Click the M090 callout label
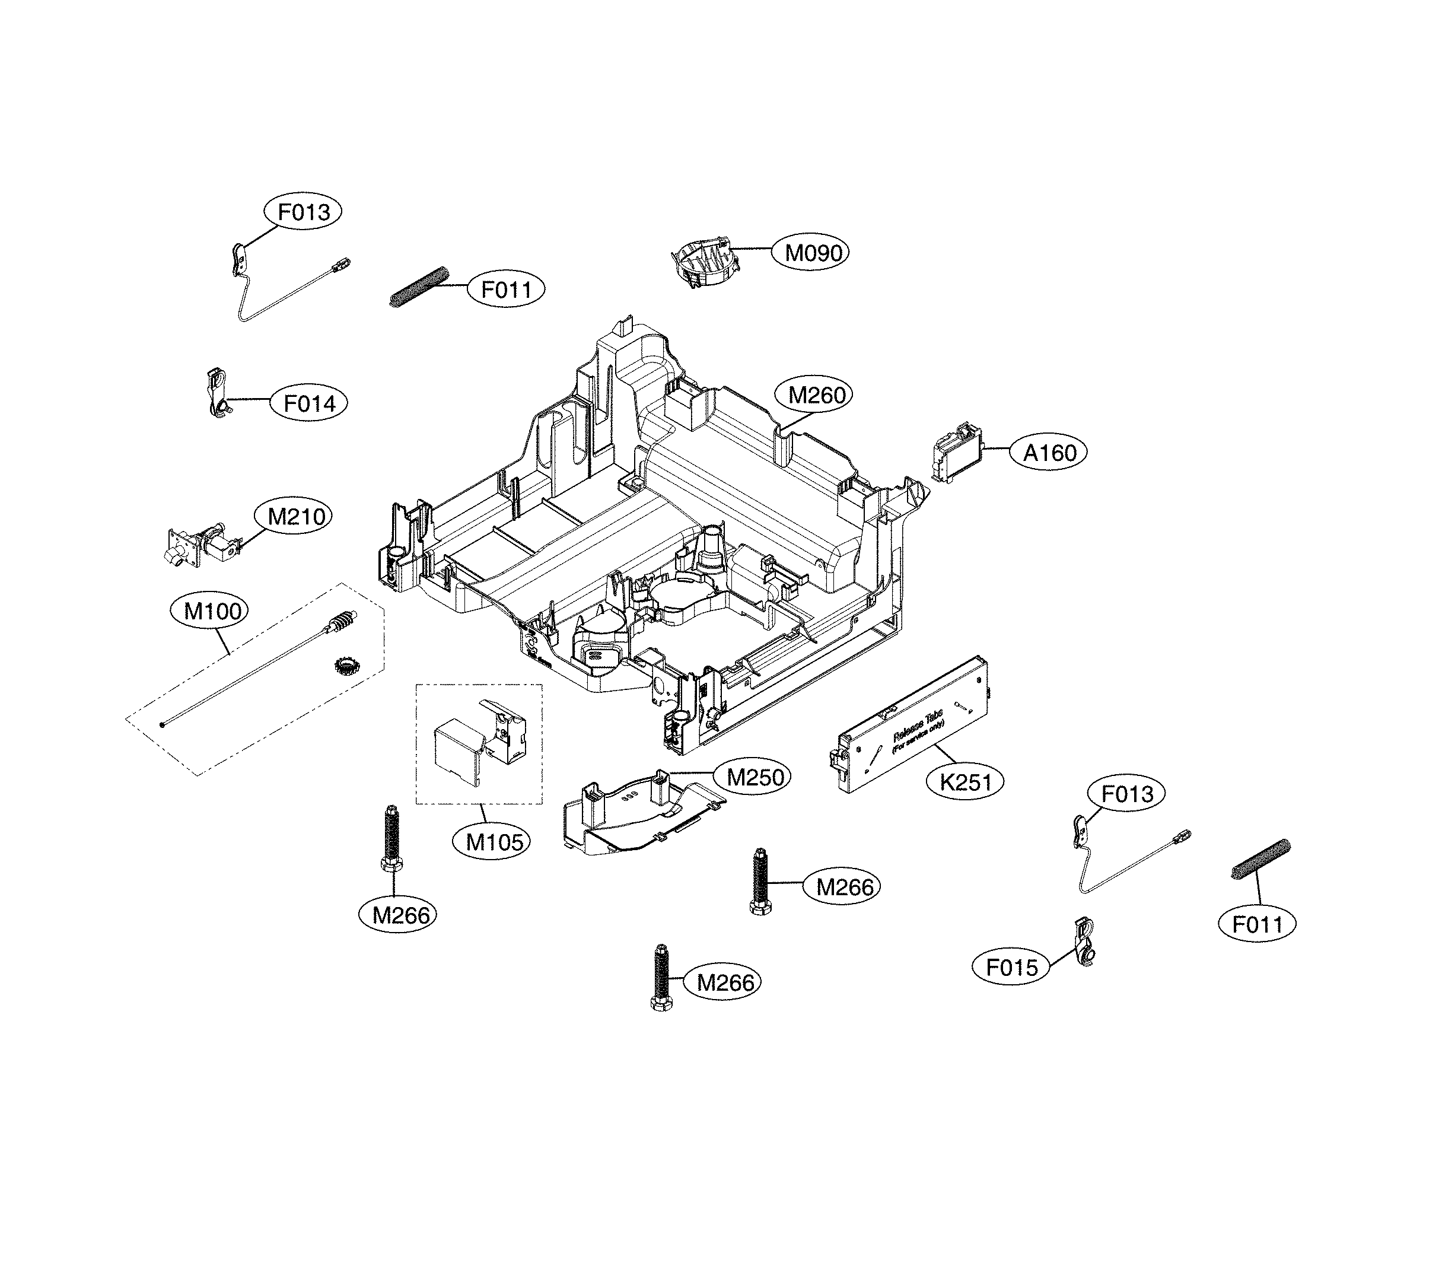coord(813,253)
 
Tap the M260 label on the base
coord(816,395)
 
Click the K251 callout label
coord(965,782)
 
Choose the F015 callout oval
coord(1011,968)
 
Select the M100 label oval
coord(212,611)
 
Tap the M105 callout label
coord(494,842)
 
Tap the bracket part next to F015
coord(1084,943)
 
